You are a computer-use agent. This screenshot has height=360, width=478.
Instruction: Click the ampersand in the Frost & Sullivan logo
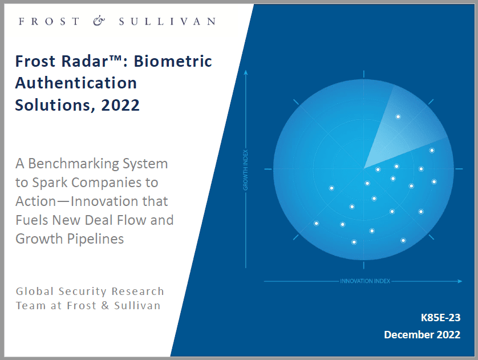pyautogui.click(x=99, y=21)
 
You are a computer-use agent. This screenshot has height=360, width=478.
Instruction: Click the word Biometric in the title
pyautogui.click(x=172, y=61)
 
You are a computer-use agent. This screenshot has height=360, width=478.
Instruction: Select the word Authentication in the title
pyautogui.click(x=76, y=83)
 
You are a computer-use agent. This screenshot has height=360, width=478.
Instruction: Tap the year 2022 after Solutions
pyautogui.click(x=120, y=105)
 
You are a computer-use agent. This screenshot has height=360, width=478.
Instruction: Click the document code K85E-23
pyautogui.click(x=440, y=318)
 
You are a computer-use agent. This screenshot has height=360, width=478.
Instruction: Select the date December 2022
pyautogui.click(x=422, y=335)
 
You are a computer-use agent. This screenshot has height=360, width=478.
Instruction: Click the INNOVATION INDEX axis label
pyautogui.click(x=365, y=281)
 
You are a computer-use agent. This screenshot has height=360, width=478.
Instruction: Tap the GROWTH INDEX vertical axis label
pyautogui.click(x=245, y=170)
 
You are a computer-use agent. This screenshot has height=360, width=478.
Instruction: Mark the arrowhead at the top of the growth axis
pyautogui.click(x=246, y=72)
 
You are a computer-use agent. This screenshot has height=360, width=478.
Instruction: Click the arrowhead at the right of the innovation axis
pyautogui.click(x=460, y=281)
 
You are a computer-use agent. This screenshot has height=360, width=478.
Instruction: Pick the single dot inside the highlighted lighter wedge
pyautogui.click(x=398, y=116)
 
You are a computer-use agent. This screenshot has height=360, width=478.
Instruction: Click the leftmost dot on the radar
pyautogui.click(x=317, y=224)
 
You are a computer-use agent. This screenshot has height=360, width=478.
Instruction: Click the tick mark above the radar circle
pyautogui.click(x=364, y=74)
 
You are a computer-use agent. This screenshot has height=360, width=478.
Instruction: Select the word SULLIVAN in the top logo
pyautogui.click(x=167, y=21)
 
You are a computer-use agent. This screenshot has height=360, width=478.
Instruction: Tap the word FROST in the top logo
pyautogui.click(x=49, y=21)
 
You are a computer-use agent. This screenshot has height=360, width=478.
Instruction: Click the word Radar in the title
pyautogui.click(x=84, y=61)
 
